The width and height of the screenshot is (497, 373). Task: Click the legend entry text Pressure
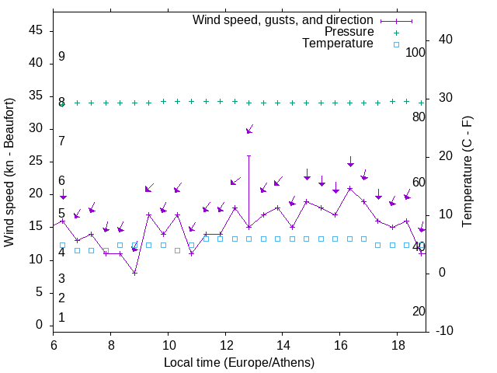[x=349, y=32]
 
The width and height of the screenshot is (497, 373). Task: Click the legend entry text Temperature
[x=338, y=44]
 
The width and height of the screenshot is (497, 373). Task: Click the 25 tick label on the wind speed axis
[x=36, y=161]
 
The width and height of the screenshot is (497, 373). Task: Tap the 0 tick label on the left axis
[x=40, y=325]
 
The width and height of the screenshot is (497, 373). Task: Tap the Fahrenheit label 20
[x=419, y=311]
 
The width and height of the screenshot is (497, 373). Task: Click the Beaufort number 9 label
[x=61, y=57]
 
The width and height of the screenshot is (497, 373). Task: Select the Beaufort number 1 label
[x=61, y=318]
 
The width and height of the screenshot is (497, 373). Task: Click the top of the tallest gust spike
[x=248, y=155]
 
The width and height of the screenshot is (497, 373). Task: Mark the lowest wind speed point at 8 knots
[x=134, y=273]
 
